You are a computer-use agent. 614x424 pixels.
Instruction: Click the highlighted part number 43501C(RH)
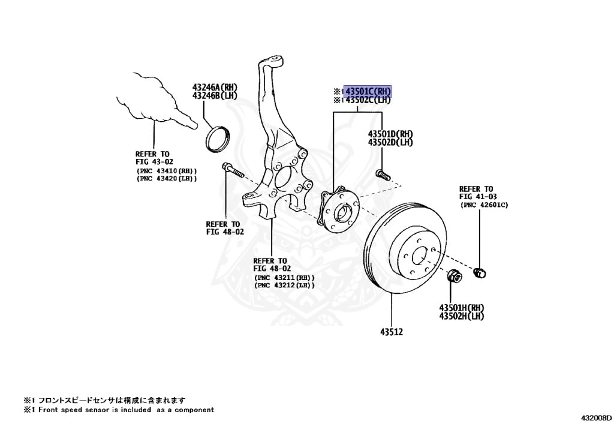pyautogui.click(x=368, y=91)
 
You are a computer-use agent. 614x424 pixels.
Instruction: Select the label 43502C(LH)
pyautogui.click(x=368, y=100)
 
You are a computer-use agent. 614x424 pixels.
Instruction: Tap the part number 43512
pyautogui.click(x=391, y=330)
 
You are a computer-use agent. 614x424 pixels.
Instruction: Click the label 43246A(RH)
pyautogui.click(x=215, y=88)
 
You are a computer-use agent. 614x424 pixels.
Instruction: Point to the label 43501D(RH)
pyautogui.click(x=390, y=134)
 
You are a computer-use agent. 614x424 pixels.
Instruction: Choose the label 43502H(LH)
pyautogui.click(x=461, y=316)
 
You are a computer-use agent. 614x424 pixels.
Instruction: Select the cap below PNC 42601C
pyautogui.click(x=480, y=273)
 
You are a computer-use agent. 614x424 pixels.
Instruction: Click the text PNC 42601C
pyautogui.click(x=484, y=205)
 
